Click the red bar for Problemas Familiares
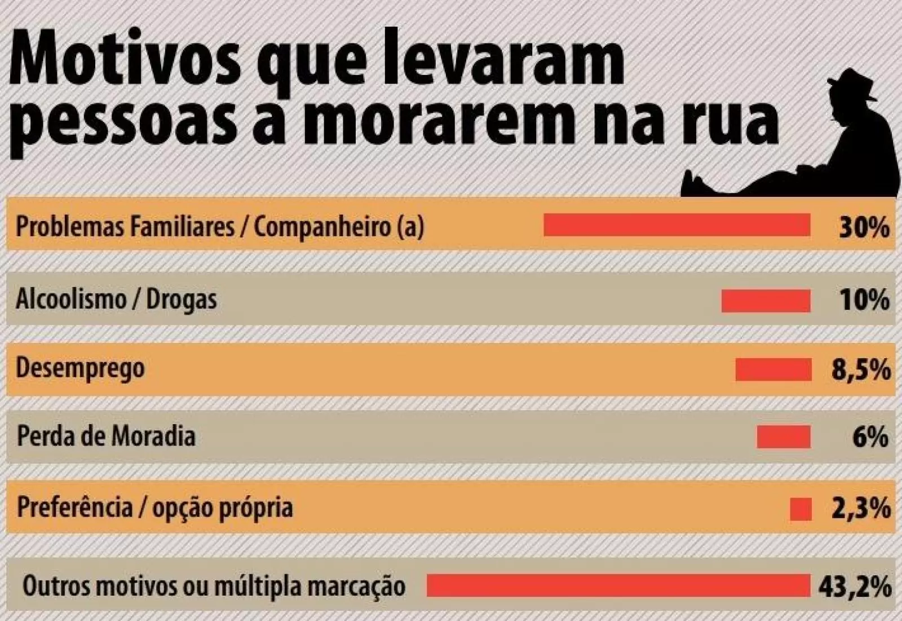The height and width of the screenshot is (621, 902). (676, 224)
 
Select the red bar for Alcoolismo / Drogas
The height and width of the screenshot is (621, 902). (766, 301)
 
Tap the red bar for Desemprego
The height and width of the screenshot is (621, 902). (773, 370)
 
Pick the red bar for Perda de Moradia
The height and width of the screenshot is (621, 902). (784, 437)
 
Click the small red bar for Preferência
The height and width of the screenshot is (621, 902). (801, 509)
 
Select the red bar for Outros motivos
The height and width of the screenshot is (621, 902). (618, 585)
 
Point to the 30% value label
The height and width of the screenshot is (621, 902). (864, 228)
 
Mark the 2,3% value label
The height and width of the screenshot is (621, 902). (861, 509)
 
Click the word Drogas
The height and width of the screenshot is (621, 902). (182, 300)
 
